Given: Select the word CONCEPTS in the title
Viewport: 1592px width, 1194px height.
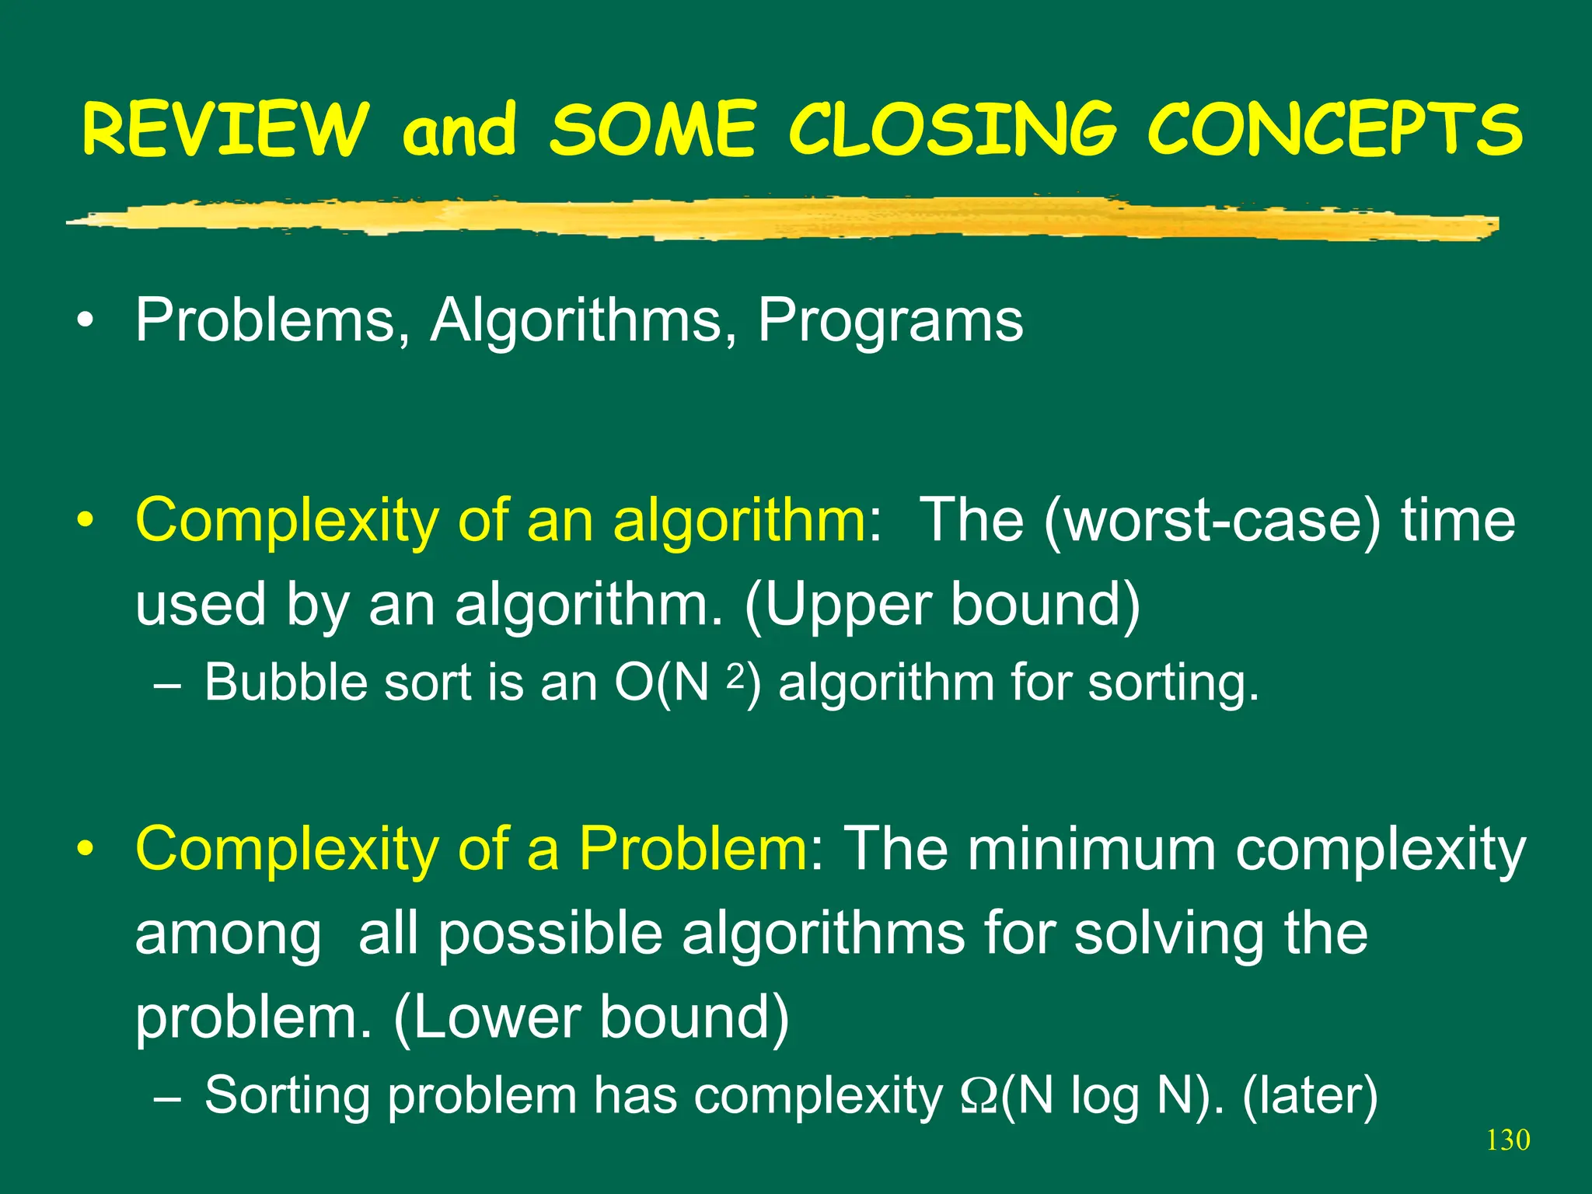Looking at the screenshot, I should (1335, 130).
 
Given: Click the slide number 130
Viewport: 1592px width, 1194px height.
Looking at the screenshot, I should (1507, 1140).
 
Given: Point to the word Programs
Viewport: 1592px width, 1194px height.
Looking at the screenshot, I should (890, 320).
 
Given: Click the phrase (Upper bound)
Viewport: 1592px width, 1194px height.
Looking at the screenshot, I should (942, 605).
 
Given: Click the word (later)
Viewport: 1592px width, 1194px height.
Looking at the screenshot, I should (1310, 1096).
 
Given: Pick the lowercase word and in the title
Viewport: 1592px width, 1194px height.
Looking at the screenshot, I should (459, 130).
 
